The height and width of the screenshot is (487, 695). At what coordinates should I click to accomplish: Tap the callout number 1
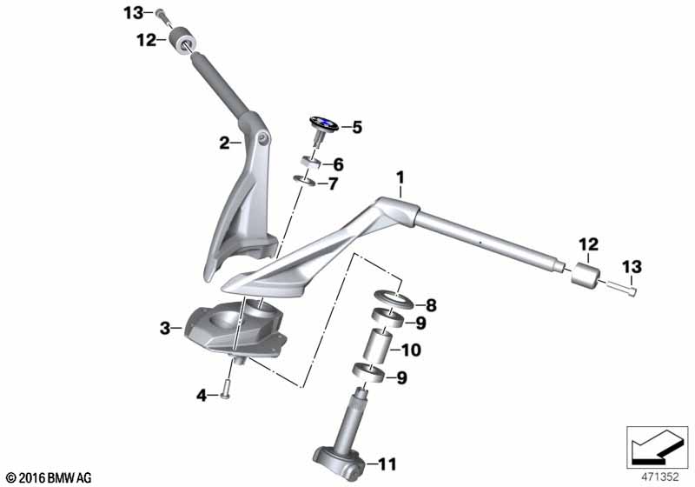click(400, 178)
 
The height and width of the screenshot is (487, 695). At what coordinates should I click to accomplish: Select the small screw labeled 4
click(225, 389)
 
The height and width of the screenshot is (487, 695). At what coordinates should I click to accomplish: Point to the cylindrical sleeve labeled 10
click(377, 344)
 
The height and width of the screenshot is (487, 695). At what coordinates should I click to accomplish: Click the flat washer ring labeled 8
click(394, 299)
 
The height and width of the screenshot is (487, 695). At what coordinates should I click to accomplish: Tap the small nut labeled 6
click(312, 163)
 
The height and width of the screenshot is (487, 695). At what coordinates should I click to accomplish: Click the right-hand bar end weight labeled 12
click(586, 276)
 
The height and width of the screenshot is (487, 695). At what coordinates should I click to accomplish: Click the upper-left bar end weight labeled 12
click(183, 40)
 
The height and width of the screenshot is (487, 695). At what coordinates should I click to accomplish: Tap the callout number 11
click(387, 464)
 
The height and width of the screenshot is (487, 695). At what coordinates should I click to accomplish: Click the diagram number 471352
click(660, 477)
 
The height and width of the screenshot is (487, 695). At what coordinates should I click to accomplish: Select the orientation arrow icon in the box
click(657, 445)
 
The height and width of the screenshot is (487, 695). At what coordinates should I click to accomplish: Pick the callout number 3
click(165, 329)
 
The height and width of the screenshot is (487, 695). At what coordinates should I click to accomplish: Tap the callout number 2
click(224, 143)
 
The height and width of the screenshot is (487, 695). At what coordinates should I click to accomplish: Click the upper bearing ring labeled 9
click(387, 317)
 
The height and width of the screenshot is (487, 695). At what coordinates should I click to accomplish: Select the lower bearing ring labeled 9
click(368, 371)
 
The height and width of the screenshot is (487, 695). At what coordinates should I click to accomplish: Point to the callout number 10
click(411, 350)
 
